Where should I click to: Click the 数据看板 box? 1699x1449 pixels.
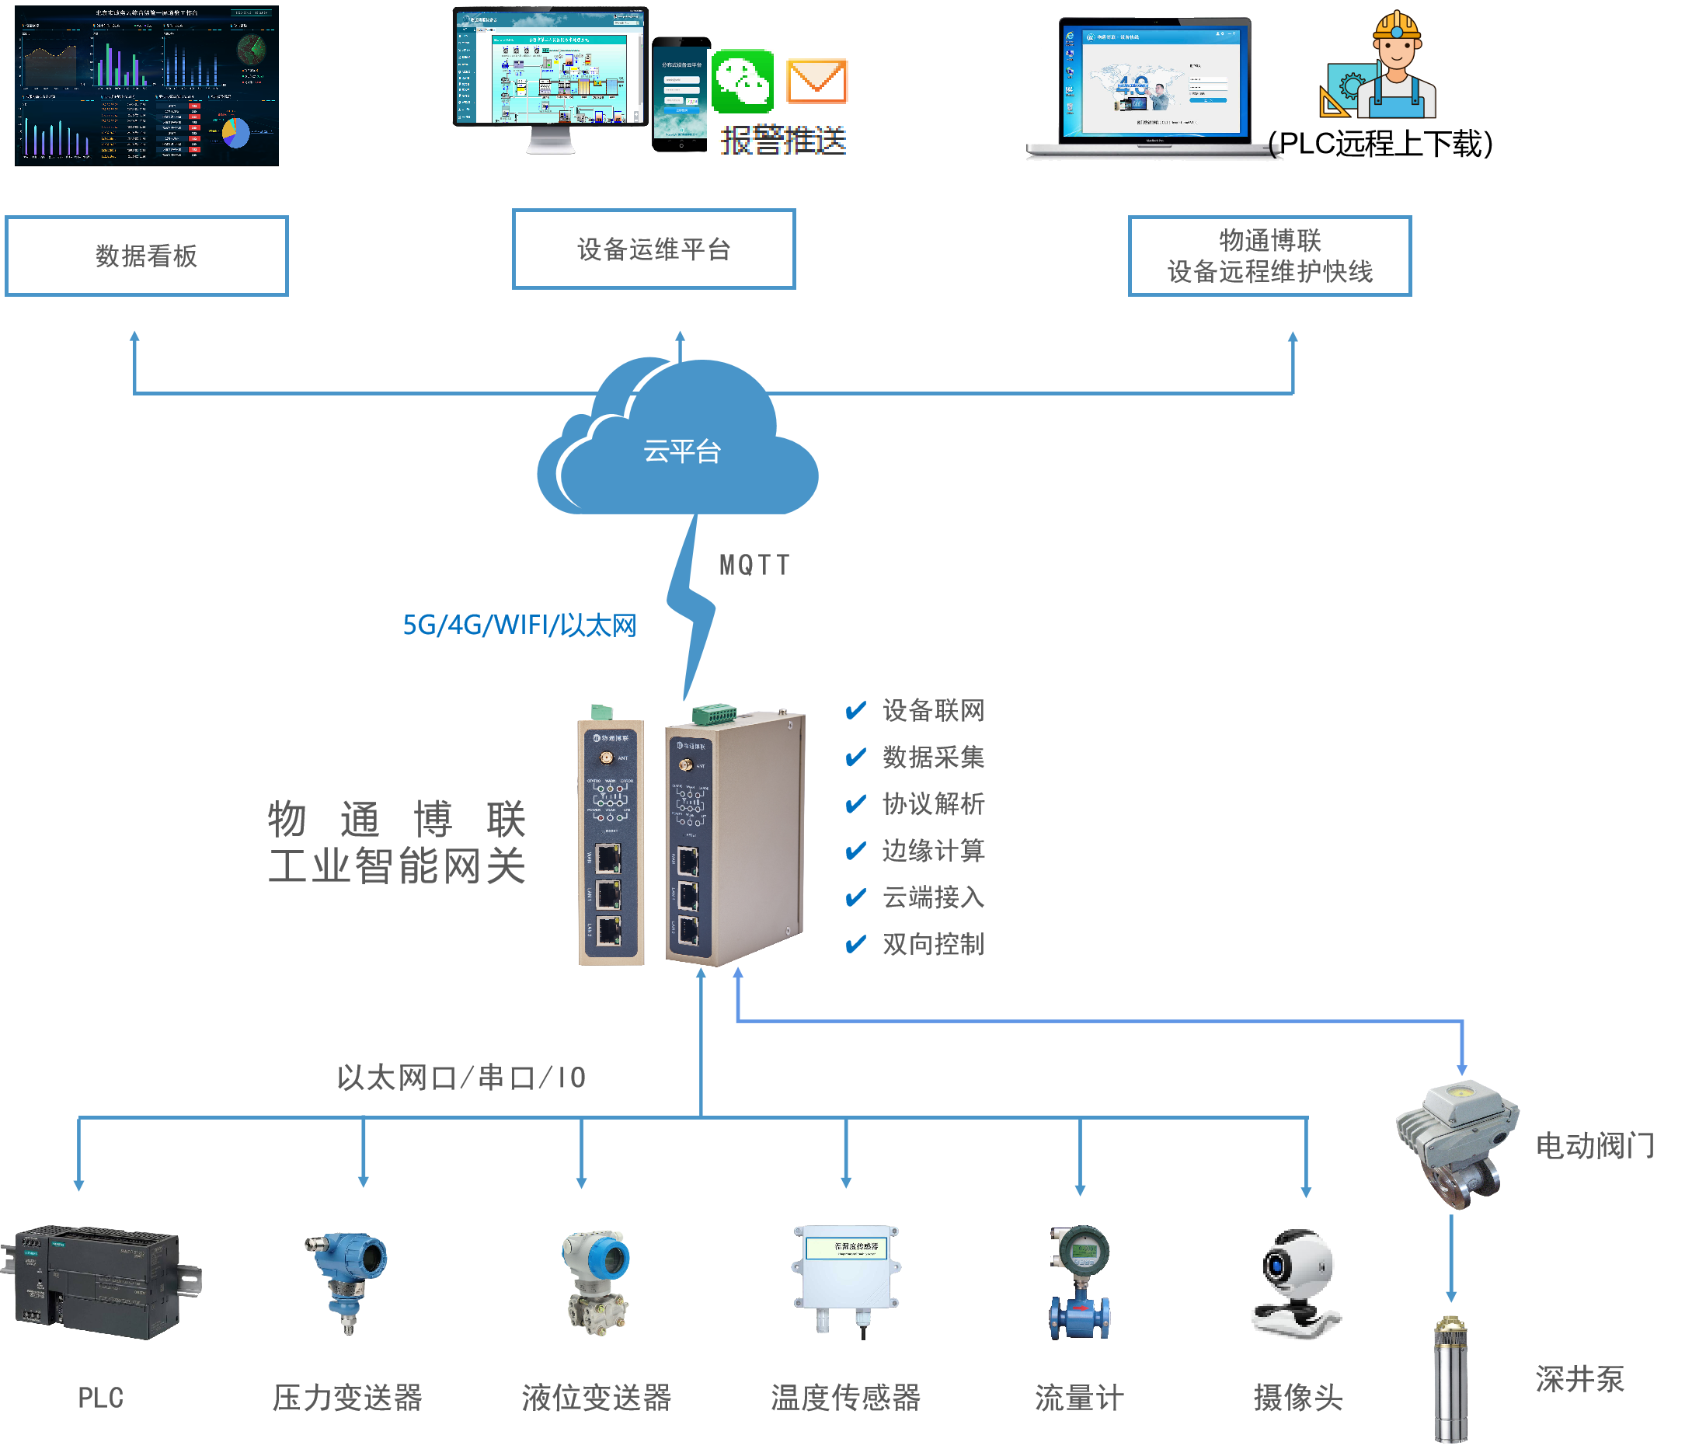coord(146,256)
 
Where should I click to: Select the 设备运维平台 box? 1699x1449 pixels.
coord(653,249)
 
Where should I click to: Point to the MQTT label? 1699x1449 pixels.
coord(754,565)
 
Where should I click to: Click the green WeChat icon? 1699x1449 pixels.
coord(742,81)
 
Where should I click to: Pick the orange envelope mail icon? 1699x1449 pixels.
coord(816,81)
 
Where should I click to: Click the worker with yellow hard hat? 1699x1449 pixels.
coord(1398,65)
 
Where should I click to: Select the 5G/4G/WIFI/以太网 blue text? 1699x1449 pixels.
coord(519,625)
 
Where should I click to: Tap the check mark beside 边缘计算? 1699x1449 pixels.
coord(855,852)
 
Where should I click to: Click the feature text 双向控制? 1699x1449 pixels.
coord(933,945)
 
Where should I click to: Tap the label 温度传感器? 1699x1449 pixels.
coord(845,1398)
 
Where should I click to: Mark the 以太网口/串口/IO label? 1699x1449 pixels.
coord(461,1078)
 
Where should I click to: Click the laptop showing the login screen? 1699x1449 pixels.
coord(1154,86)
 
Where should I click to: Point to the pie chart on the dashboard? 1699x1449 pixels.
coord(235,133)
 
